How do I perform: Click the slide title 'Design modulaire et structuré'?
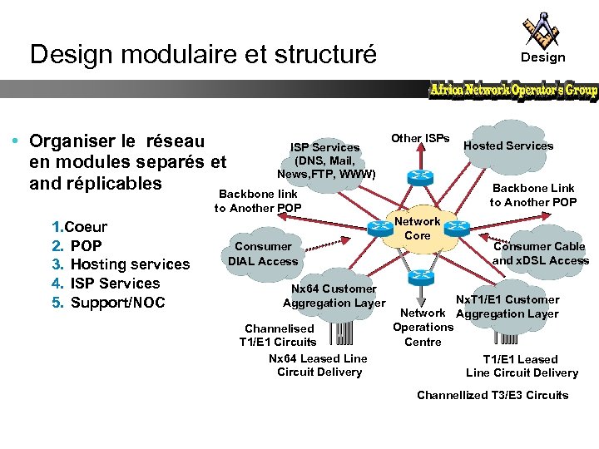coord(203,55)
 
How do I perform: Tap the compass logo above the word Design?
coord(542,30)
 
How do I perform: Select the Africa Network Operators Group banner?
coord(513,90)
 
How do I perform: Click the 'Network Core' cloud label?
coord(418,229)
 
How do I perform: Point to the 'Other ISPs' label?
coord(421,138)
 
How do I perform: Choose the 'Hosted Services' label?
coord(508,146)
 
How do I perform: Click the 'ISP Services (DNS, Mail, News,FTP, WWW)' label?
coord(326,160)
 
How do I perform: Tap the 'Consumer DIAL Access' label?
coord(263,254)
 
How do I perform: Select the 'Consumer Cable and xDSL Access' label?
coord(540,253)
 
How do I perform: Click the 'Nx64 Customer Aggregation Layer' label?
coord(334,296)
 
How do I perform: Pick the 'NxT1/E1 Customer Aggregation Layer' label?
coord(507,307)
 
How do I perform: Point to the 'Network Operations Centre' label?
coord(423,327)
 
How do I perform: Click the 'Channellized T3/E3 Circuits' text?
coord(493,395)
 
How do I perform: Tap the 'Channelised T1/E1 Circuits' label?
coord(279,335)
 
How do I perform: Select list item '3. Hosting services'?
coord(121,264)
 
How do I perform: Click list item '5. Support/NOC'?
coord(109,303)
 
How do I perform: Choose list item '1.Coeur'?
coord(80,227)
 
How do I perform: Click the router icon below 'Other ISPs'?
coord(415,177)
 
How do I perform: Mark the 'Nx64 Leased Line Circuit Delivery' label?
coord(319,365)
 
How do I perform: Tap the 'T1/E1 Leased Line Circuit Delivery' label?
coord(522,366)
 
